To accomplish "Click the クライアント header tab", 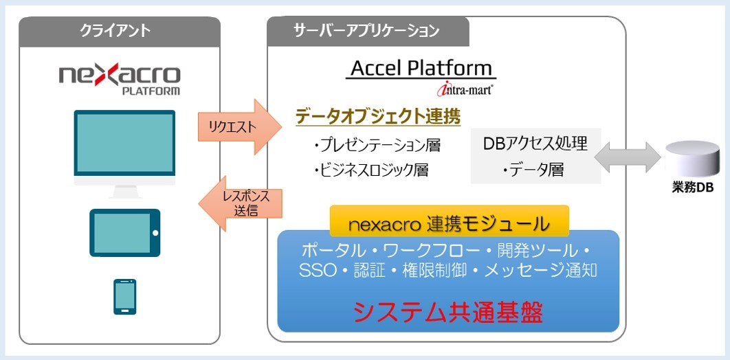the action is click(x=120, y=31).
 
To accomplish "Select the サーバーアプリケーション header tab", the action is click(x=368, y=31).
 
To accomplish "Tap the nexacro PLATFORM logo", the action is click(x=119, y=80).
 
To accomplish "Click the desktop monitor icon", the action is click(x=125, y=154).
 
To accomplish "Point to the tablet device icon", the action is click(x=125, y=233).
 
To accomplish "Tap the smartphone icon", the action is click(x=125, y=297).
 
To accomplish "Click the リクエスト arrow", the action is click(x=240, y=127).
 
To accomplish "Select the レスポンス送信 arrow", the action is click(x=240, y=204).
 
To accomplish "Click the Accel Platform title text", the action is click(x=421, y=69).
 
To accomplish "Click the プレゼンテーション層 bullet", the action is click(x=377, y=146).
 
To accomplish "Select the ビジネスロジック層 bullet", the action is click(x=371, y=170).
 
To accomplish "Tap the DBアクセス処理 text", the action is click(x=535, y=144).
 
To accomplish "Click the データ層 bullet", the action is click(x=533, y=170).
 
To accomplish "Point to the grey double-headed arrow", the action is click(x=628, y=157).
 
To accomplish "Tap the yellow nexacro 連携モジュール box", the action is click(x=450, y=223).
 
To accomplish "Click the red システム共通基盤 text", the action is click(x=448, y=313).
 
